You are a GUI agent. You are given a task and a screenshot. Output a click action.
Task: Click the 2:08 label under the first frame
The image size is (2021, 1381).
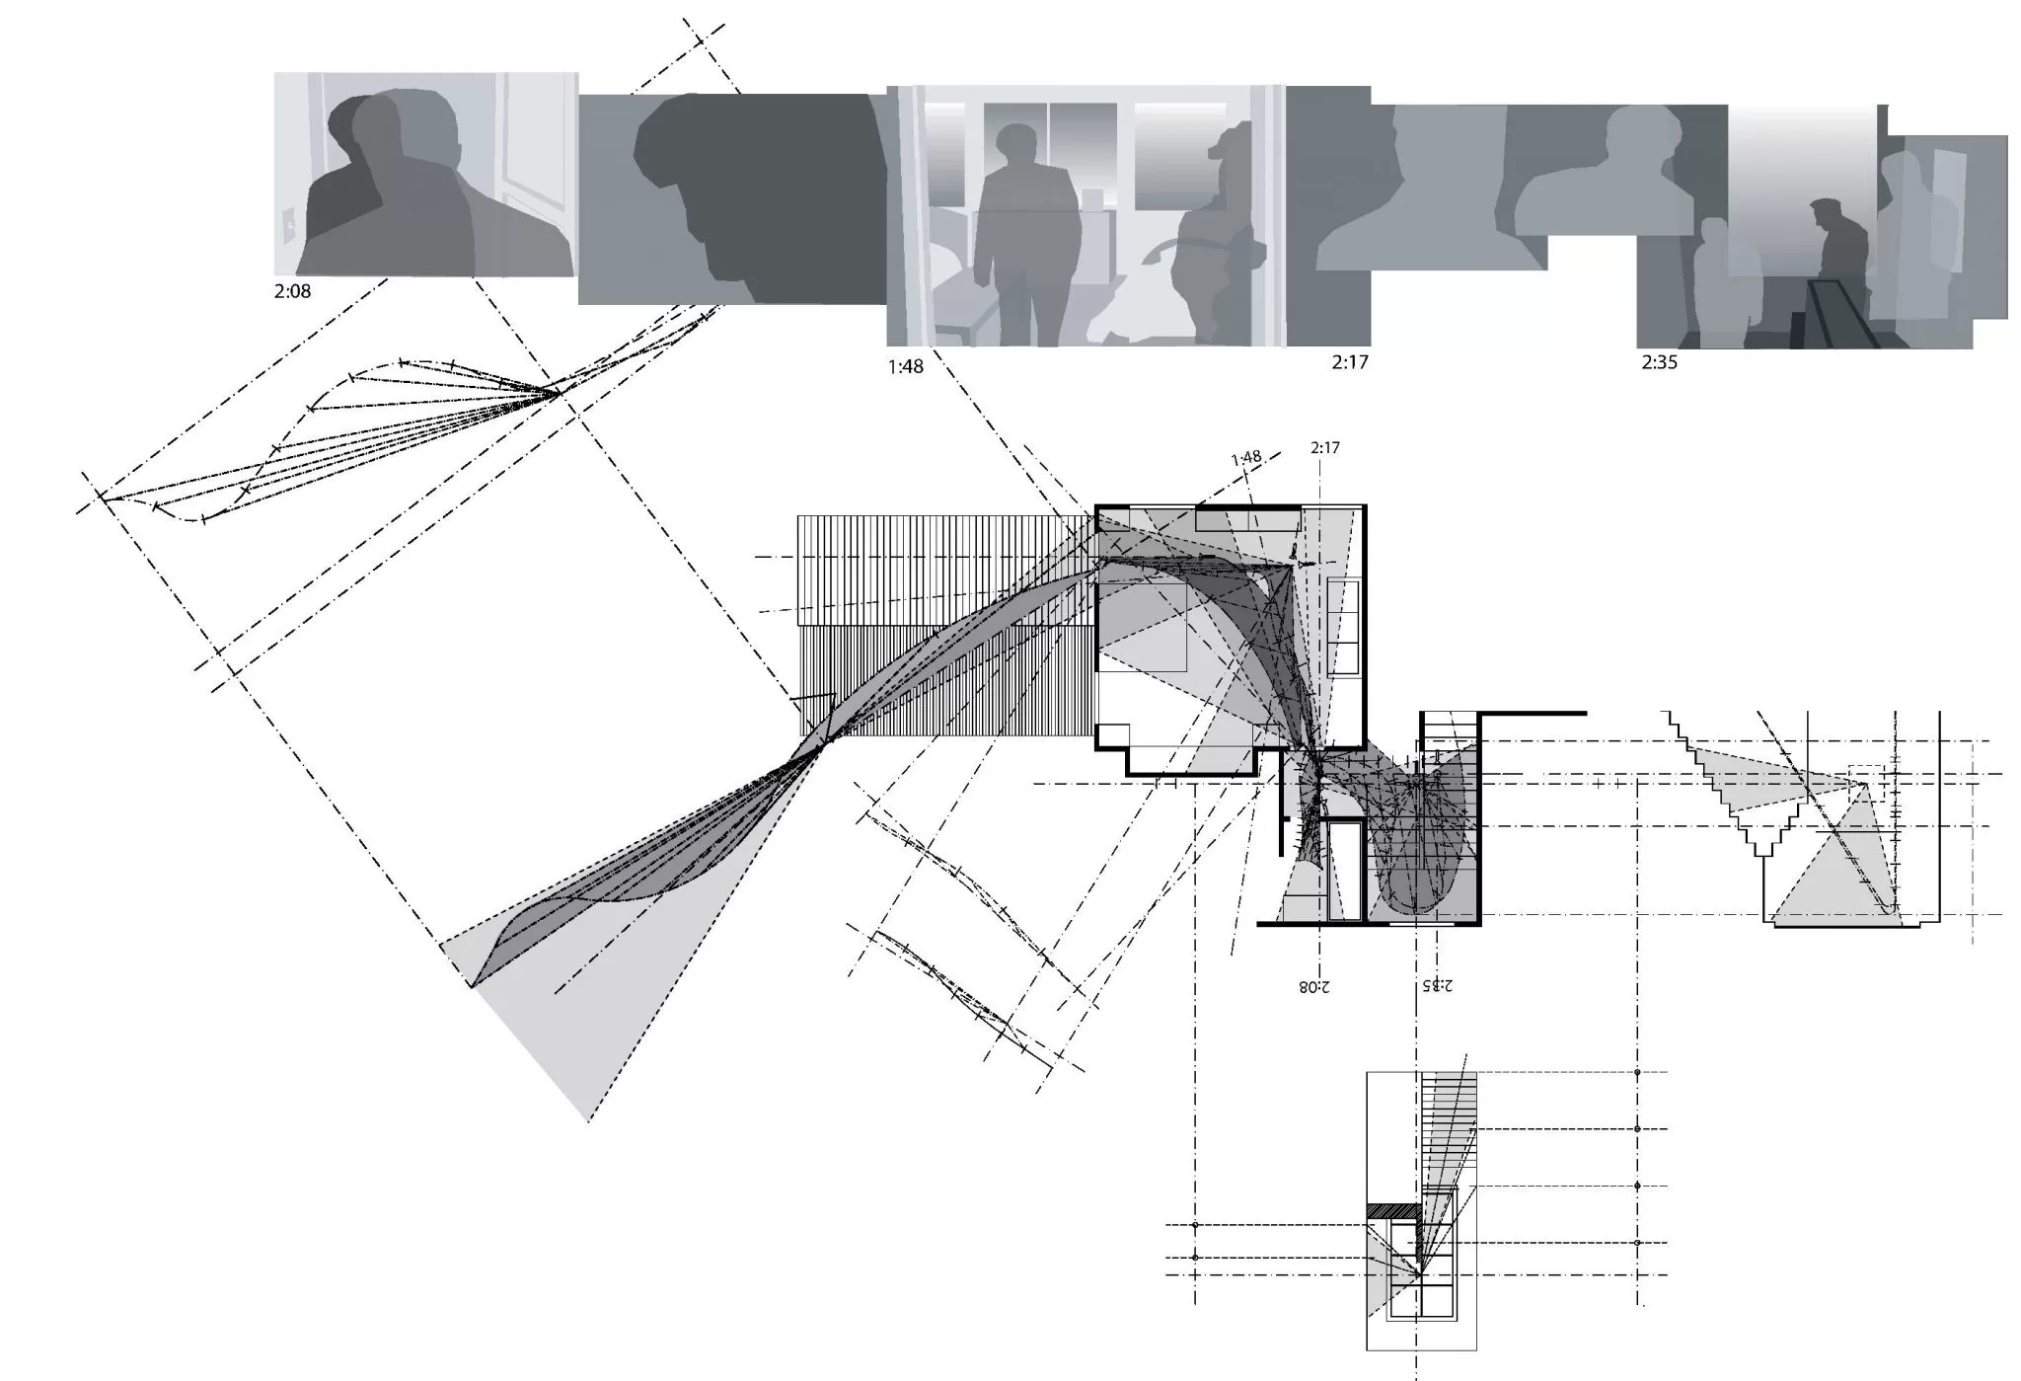click(x=292, y=291)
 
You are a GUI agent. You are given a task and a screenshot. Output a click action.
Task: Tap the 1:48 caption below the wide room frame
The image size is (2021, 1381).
click(x=905, y=366)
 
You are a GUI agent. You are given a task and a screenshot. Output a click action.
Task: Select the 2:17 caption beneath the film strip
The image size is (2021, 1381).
click(x=1349, y=362)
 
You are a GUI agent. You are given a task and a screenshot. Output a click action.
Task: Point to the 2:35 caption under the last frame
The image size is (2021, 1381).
click(x=1659, y=362)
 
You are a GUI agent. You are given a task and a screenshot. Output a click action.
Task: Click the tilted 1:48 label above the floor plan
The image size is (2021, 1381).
click(x=1246, y=458)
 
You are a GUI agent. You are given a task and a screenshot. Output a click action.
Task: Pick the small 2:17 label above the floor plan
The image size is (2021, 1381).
click(x=1325, y=448)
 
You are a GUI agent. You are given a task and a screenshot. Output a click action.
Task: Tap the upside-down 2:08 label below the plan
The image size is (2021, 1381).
click(x=1313, y=985)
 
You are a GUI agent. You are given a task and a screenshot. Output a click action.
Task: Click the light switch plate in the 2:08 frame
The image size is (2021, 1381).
click(x=289, y=226)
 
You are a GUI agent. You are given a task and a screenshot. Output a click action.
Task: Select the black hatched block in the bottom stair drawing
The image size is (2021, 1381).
click(x=1392, y=1210)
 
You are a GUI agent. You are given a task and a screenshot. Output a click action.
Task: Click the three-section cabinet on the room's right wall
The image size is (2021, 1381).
click(x=1344, y=628)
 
